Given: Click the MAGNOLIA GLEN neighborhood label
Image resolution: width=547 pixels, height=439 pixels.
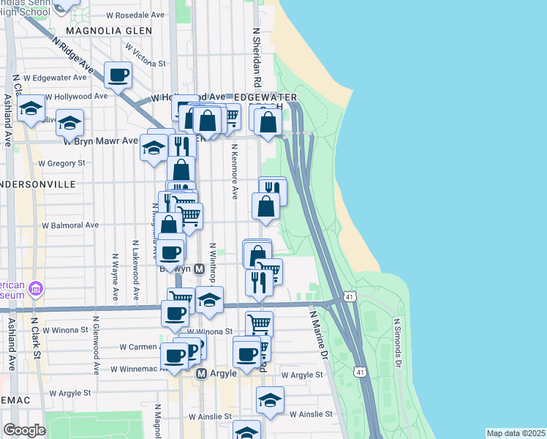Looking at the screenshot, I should coord(109,31).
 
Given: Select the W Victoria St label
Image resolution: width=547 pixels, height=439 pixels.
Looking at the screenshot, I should coord(146,54).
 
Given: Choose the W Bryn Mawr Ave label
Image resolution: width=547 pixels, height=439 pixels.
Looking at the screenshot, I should coord(99,140).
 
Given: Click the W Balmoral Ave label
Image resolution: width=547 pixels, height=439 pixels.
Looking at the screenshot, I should coord(70,225).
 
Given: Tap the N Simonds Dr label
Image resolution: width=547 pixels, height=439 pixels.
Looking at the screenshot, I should coord(399,341).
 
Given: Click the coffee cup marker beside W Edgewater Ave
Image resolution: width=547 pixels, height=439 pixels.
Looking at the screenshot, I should coord(118,75).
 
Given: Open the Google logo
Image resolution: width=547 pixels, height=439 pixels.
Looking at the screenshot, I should coord(25,430).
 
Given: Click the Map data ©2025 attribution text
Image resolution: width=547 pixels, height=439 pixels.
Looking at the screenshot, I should coord(516,433).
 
